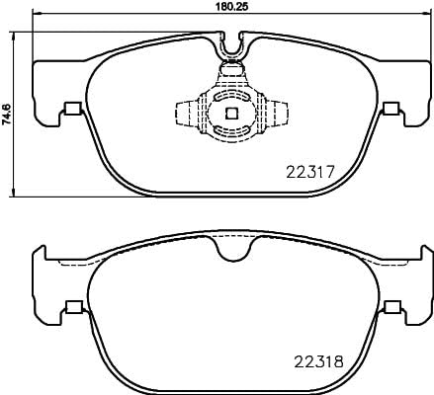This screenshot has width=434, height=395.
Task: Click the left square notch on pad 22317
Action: coord(70,110)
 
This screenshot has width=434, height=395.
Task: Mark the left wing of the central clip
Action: coord(185,113)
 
